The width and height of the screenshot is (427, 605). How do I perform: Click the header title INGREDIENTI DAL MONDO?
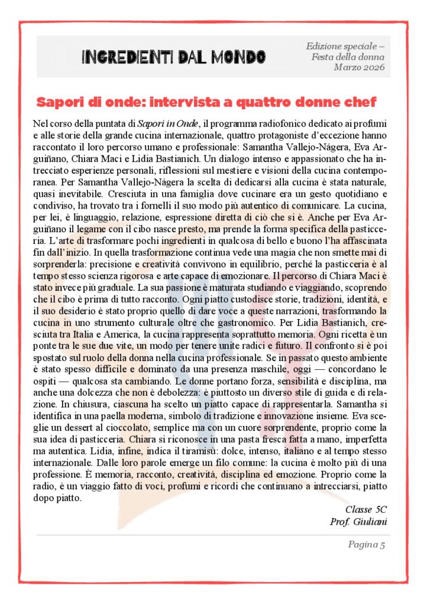(173, 57)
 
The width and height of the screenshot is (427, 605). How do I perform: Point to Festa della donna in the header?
(348, 57)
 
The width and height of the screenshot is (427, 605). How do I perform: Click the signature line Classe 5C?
(365, 509)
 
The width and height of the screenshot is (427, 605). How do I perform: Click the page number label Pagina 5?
(366, 545)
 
